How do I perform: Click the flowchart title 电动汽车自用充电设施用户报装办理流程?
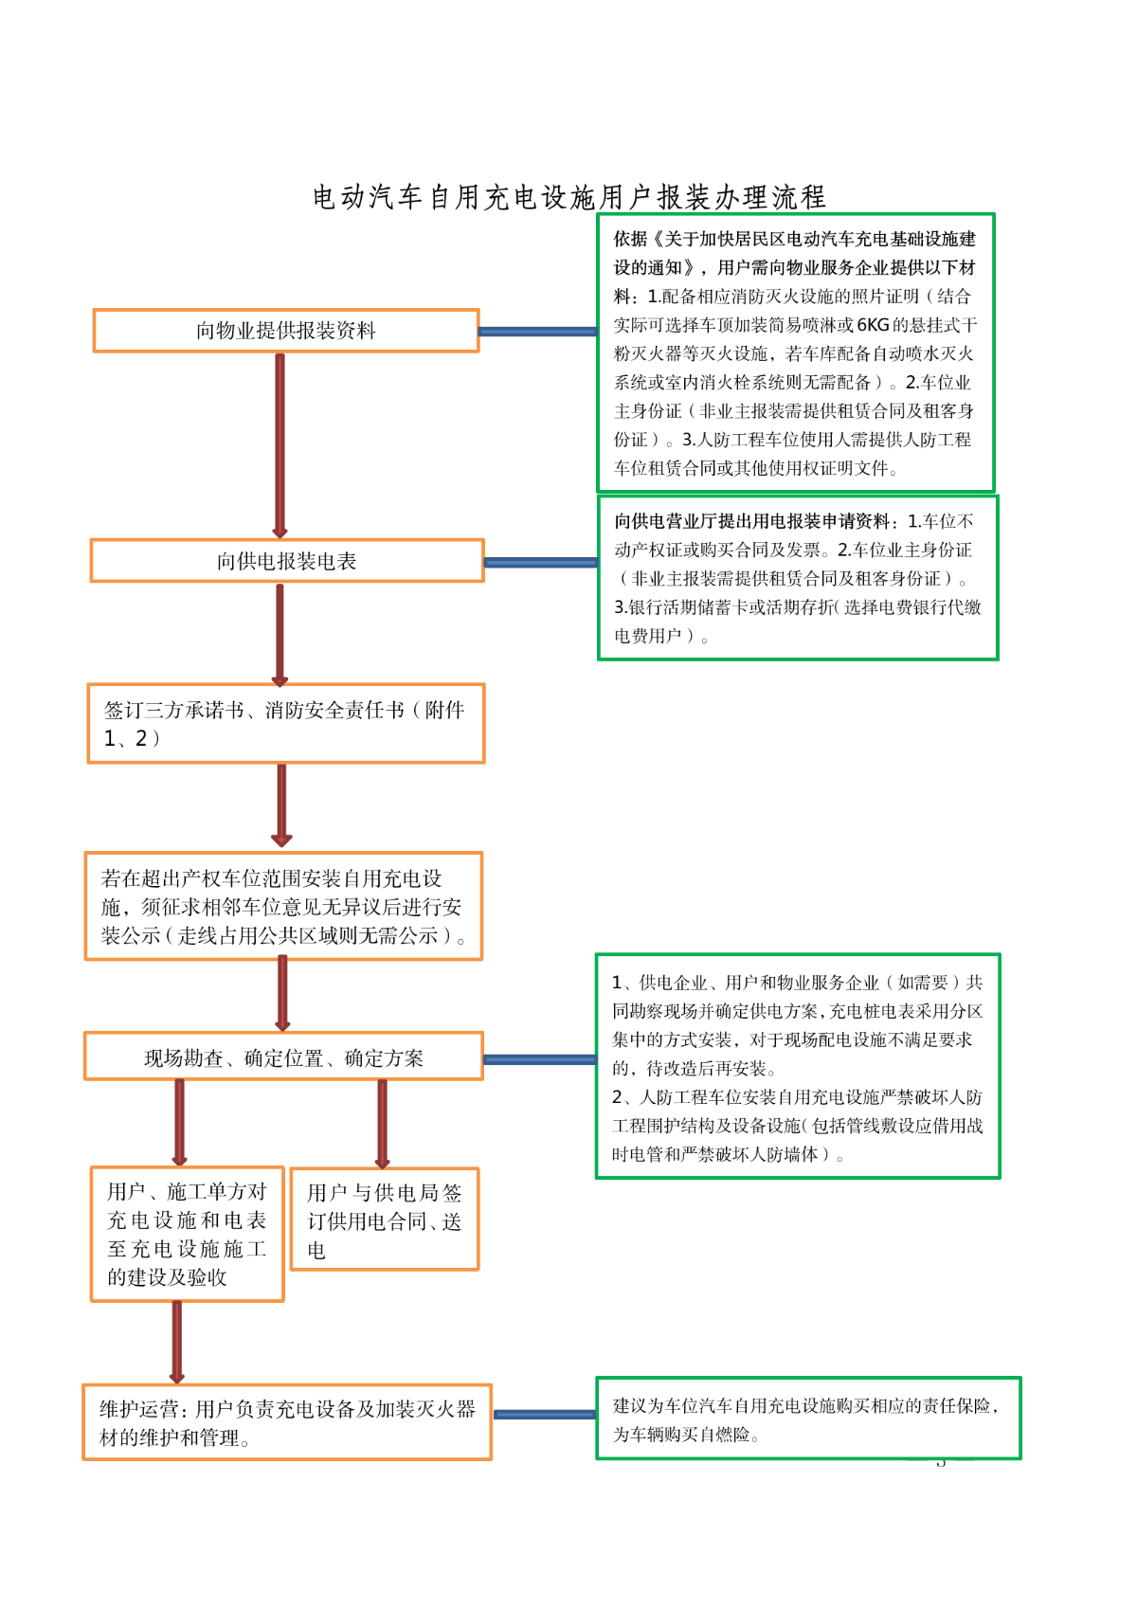[x=569, y=197]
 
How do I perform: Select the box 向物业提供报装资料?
[x=286, y=331]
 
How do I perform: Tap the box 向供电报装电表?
[x=287, y=561]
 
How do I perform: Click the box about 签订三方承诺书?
[x=286, y=724]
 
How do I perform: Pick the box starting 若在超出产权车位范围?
[x=283, y=907]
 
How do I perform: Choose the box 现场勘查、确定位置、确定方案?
[x=283, y=1057]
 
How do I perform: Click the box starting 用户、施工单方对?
[x=187, y=1234]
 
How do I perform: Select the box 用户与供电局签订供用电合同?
[x=384, y=1220]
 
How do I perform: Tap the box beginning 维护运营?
[x=287, y=1422]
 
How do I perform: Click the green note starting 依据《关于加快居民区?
[x=795, y=353]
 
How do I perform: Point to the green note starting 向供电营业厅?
[x=798, y=578]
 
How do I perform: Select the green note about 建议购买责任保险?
[x=808, y=1418]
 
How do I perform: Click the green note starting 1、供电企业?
[x=798, y=1067]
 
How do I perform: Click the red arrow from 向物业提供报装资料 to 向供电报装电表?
[x=280, y=445]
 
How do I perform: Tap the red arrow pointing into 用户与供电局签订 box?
[x=383, y=1124]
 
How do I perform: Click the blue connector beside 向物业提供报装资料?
[x=537, y=332]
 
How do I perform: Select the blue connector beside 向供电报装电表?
[x=541, y=562]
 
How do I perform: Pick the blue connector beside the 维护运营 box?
[x=545, y=1415]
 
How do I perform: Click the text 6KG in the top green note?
[x=873, y=325]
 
